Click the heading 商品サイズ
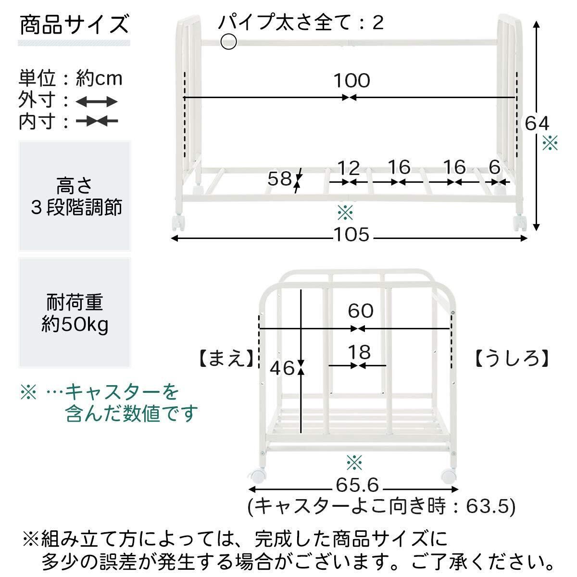75,25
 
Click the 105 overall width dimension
351,235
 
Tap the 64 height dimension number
537,124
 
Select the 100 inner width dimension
351,81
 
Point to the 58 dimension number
280,179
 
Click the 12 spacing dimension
349,168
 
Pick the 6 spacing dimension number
495,168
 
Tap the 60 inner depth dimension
361,311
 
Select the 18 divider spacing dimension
360,352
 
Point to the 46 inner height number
282,368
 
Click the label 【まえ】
225,358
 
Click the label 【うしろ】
512,358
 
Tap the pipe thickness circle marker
229,42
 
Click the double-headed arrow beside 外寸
97,102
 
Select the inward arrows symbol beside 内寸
97,122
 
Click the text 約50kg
75,326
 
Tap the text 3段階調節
75,208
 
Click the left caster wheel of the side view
257,477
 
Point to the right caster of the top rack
520,224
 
